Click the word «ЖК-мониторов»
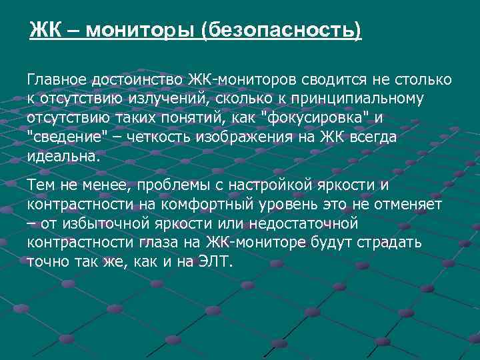pyautogui.click(x=247, y=80)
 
